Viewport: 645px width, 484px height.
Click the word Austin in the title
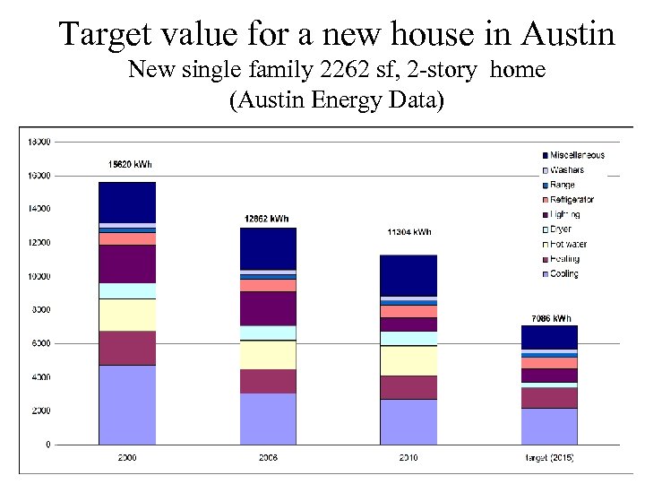pyautogui.click(x=567, y=34)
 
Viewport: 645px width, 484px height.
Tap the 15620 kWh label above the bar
pyautogui.click(x=129, y=164)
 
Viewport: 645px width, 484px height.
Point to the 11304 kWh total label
pyautogui.click(x=408, y=232)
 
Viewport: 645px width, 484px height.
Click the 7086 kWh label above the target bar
pyautogui.click(x=550, y=318)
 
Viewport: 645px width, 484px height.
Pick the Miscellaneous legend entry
pyautogui.click(x=577, y=155)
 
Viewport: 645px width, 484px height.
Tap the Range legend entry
pyautogui.click(x=562, y=185)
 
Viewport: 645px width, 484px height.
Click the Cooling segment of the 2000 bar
pyautogui.click(x=127, y=404)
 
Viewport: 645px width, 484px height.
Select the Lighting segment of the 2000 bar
pyautogui.click(x=127, y=264)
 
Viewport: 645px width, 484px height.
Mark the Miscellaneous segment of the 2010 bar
pyautogui.click(x=408, y=275)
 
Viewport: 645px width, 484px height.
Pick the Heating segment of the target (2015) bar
pyautogui.click(x=549, y=397)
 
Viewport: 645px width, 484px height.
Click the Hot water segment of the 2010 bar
pyautogui.click(x=408, y=360)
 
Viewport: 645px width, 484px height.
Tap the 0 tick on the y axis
pyautogui.click(x=47, y=445)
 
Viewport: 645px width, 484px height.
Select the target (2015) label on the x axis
pyautogui.click(x=549, y=458)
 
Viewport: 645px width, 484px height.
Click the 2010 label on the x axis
pyautogui.click(x=408, y=458)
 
